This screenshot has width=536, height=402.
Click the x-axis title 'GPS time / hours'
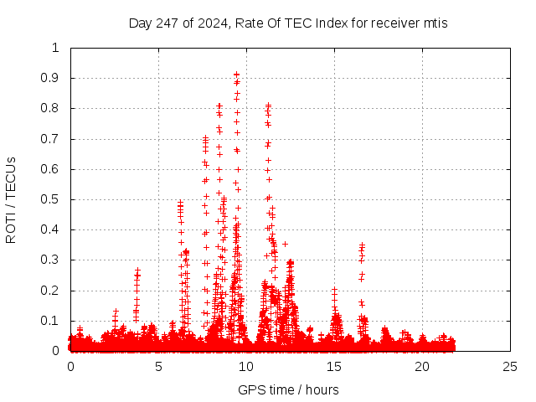[x=288, y=389]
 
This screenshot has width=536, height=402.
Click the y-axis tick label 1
[x=55, y=48]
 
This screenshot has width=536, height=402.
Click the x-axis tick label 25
[x=510, y=366]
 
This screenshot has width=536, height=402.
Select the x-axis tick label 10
[x=246, y=366]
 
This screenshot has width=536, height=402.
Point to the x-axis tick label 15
[x=334, y=366]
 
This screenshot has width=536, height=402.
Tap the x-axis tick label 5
[x=158, y=366]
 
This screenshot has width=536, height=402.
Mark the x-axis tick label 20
[x=422, y=366]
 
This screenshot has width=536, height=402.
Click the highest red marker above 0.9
[x=236, y=74]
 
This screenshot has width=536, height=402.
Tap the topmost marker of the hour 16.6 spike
[x=362, y=245]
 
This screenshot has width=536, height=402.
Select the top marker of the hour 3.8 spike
[x=137, y=270]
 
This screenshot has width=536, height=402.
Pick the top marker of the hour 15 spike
[x=334, y=289]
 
